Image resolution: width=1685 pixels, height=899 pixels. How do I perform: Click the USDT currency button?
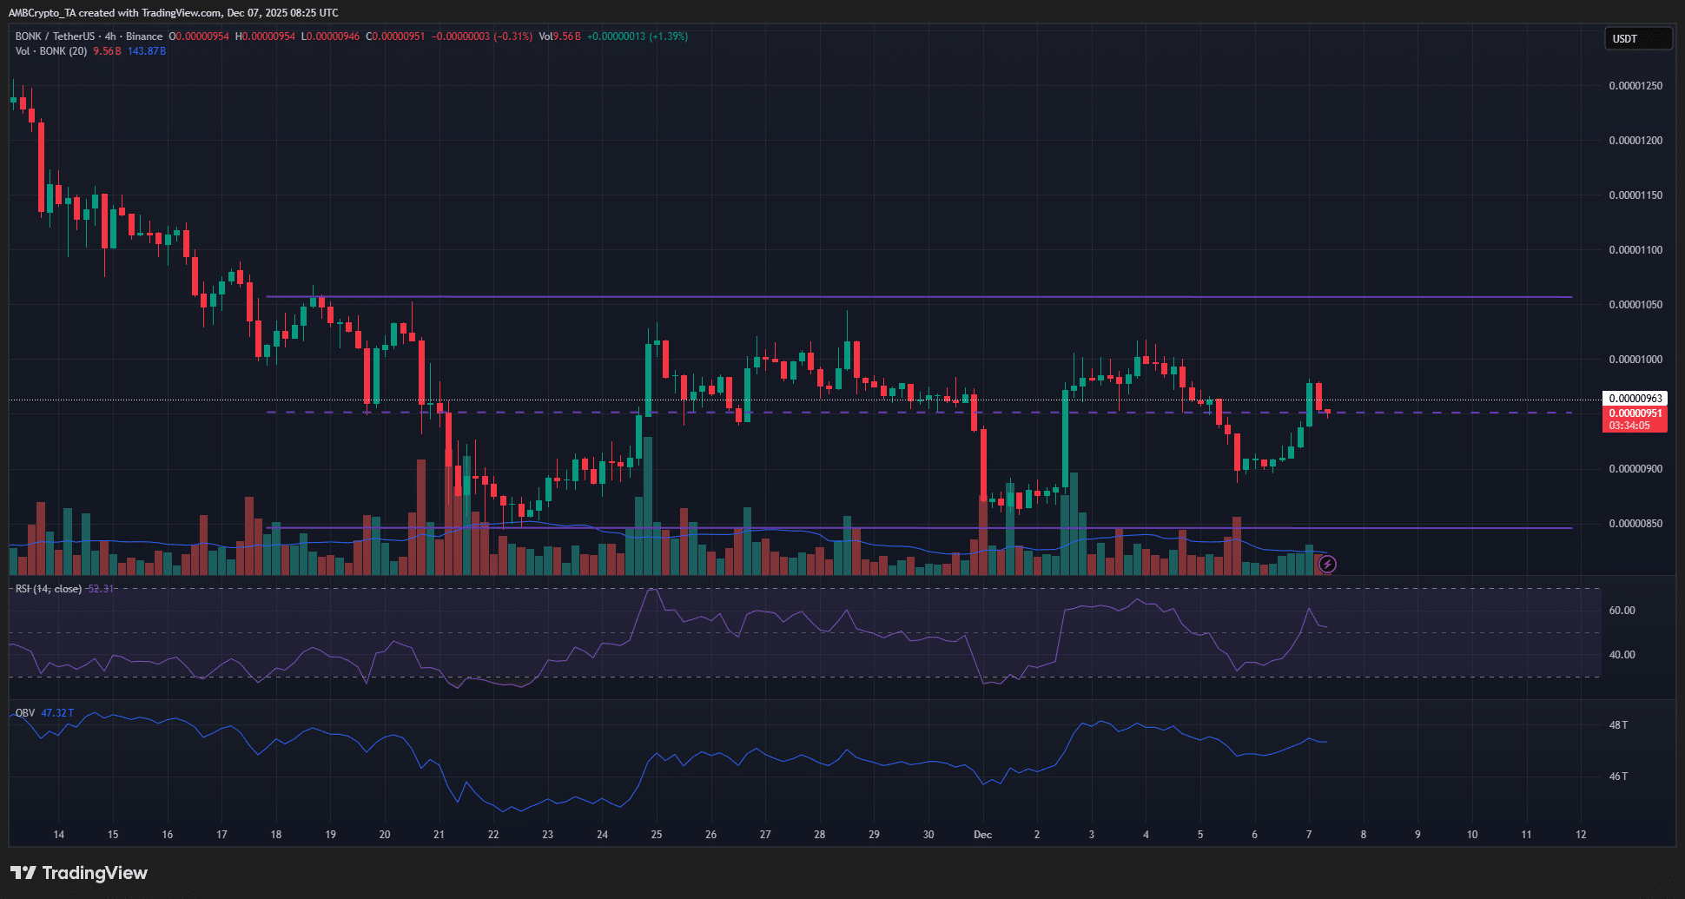tap(1636, 38)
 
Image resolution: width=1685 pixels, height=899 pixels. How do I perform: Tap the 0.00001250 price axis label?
tap(1635, 86)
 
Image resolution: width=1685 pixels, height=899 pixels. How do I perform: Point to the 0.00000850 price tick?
tap(1635, 524)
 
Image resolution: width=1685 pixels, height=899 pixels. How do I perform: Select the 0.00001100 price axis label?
tap(1635, 250)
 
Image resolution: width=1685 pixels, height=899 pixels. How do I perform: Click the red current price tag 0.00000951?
tap(1635, 413)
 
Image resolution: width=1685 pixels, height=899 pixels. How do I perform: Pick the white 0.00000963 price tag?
tap(1635, 399)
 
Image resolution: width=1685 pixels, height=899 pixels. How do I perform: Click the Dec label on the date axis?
tap(982, 835)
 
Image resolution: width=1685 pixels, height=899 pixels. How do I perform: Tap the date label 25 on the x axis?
tap(657, 835)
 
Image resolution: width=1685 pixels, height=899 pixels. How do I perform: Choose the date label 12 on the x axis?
tap(1581, 835)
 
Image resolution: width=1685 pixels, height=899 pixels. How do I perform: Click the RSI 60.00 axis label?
tap(1622, 611)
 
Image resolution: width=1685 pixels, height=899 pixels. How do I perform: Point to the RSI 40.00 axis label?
tap(1622, 655)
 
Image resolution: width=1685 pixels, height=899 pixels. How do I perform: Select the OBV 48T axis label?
tap(1618, 725)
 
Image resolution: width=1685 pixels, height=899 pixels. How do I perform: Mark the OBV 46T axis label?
tap(1618, 777)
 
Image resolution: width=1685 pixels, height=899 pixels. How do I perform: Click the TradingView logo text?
tap(94, 873)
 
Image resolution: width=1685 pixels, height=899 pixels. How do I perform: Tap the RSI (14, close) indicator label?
tap(49, 589)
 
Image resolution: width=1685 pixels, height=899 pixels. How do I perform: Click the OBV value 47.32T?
tap(57, 713)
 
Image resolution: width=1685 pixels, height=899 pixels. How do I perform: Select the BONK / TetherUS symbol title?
tap(55, 36)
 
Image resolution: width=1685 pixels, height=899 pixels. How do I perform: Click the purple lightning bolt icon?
tap(1327, 565)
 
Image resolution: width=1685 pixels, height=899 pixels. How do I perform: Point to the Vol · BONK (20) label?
tap(50, 51)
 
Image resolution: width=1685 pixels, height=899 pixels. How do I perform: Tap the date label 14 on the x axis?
tap(59, 835)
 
